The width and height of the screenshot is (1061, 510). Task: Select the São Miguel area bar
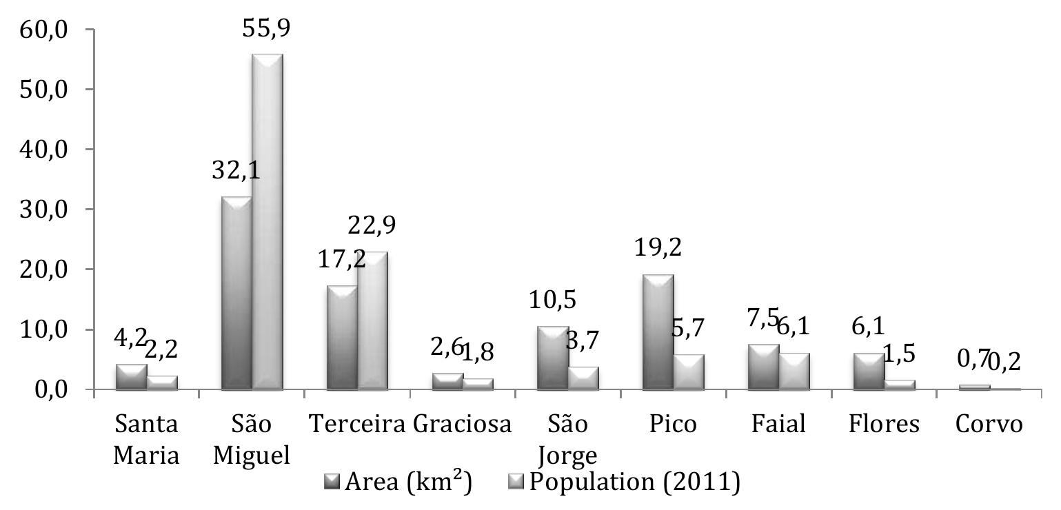click(x=236, y=293)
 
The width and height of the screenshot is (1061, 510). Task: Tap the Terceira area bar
click(x=341, y=338)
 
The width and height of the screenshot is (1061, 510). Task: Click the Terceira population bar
click(x=372, y=321)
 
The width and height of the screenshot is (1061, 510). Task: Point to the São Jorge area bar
click(x=552, y=358)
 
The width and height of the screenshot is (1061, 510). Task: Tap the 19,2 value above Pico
click(x=658, y=247)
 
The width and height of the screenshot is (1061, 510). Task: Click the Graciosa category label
click(x=463, y=425)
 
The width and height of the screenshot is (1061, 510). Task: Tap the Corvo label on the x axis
click(x=989, y=425)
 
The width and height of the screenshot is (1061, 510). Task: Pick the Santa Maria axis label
click(x=145, y=440)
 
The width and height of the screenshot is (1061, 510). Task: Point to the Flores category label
click(x=884, y=425)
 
